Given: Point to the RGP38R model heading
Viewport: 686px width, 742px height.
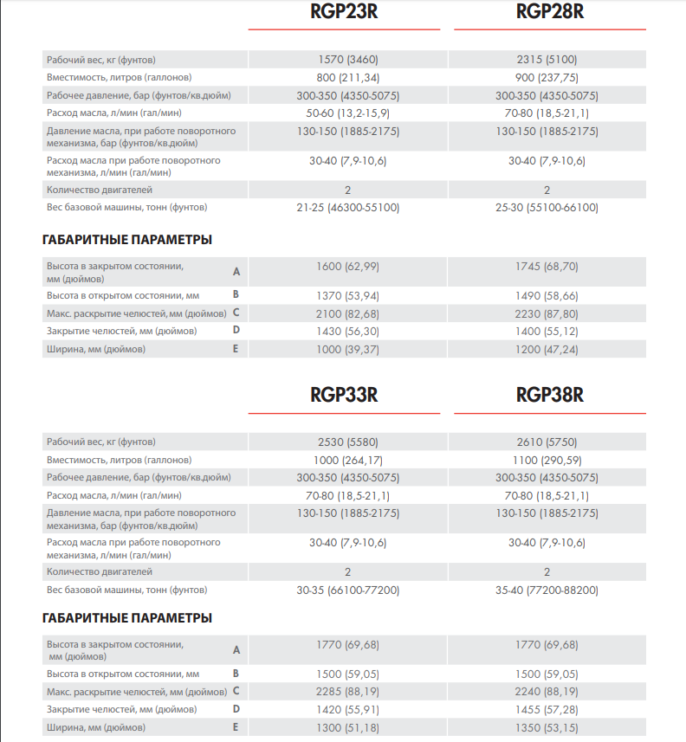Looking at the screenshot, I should tap(549, 396).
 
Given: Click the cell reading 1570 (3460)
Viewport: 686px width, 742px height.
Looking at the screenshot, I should tap(347, 60).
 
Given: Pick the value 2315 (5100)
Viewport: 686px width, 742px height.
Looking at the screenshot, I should tap(547, 60).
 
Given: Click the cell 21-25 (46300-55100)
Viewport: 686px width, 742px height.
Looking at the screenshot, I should tap(347, 208).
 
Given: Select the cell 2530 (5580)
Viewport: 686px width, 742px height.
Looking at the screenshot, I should tap(347, 442).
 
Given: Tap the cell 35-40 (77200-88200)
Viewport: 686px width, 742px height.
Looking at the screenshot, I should tap(547, 590).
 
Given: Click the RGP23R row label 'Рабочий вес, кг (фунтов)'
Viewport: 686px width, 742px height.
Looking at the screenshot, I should tap(100, 60).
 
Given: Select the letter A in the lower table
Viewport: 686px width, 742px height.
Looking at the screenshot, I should tap(236, 650).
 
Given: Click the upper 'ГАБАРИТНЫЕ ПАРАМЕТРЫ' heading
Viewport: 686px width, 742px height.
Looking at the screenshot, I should tap(126, 240).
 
